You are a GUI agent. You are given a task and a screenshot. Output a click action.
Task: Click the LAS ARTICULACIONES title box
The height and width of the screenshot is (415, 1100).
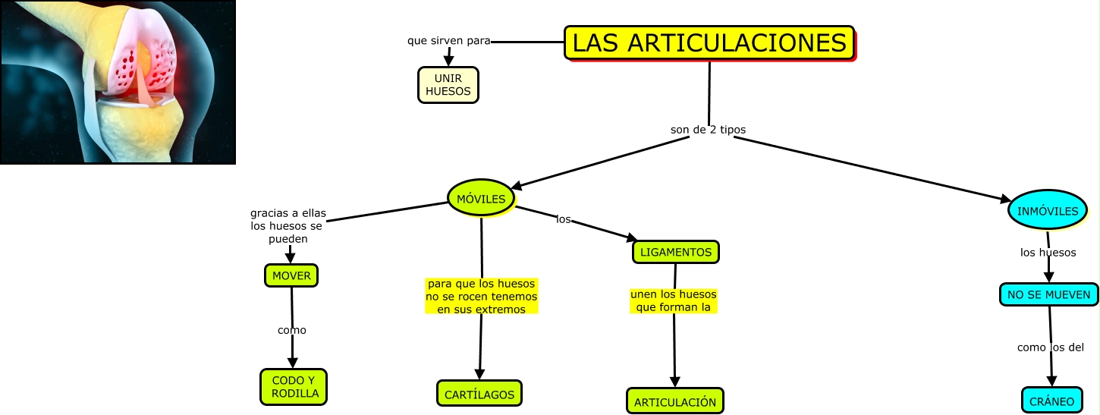click(x=709, y=42)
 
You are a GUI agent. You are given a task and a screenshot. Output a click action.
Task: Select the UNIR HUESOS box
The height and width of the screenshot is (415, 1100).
click(x=448, y=85)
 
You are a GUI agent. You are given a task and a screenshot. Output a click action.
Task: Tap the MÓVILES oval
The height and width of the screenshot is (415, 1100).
click(x=481, y=199)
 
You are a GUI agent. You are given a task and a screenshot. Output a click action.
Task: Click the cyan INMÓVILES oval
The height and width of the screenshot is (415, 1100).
click(x=1048, y=210)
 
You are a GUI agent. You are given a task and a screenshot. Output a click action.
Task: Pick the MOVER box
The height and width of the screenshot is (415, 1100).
click(x=291, y=275)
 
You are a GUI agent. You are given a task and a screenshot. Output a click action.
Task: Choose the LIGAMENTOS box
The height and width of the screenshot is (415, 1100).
click(x=675, y=252)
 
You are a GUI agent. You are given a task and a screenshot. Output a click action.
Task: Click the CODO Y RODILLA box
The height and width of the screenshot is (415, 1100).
click(x=294, y=387)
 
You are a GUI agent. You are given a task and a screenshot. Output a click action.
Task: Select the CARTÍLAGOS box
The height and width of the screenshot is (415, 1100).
click(x=479, y=394)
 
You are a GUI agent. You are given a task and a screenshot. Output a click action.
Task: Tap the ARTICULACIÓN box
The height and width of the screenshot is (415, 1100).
click(x=675, y=401)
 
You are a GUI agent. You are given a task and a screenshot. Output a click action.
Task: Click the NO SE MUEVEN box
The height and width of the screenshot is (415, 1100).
click(x=1049, y=294)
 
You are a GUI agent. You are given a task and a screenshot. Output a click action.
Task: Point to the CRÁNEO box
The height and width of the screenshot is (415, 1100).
click(x=1051, y=400)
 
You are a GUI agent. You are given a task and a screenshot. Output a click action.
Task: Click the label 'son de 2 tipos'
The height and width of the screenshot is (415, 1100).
click(x=708, y=130)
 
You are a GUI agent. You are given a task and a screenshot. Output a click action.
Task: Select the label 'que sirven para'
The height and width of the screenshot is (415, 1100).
click(x=448, y=40)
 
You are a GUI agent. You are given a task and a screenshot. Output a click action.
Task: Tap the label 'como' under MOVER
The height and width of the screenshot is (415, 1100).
click(x=291, y=330)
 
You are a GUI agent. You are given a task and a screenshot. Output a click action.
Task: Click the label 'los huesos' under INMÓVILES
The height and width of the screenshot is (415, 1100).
click(x=1048, y=253)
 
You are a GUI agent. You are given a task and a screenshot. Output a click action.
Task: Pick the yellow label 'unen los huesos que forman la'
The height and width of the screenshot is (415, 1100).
click(x=673, y=300)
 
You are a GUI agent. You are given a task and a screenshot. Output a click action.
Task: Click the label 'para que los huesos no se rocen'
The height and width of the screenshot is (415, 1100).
click(x=481, y=296)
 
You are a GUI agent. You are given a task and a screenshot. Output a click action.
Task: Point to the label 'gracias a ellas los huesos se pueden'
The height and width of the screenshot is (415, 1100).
click(x=288, y=226)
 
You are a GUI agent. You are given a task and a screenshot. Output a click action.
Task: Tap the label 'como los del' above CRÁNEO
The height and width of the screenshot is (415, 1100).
click(x=1050, y=347)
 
